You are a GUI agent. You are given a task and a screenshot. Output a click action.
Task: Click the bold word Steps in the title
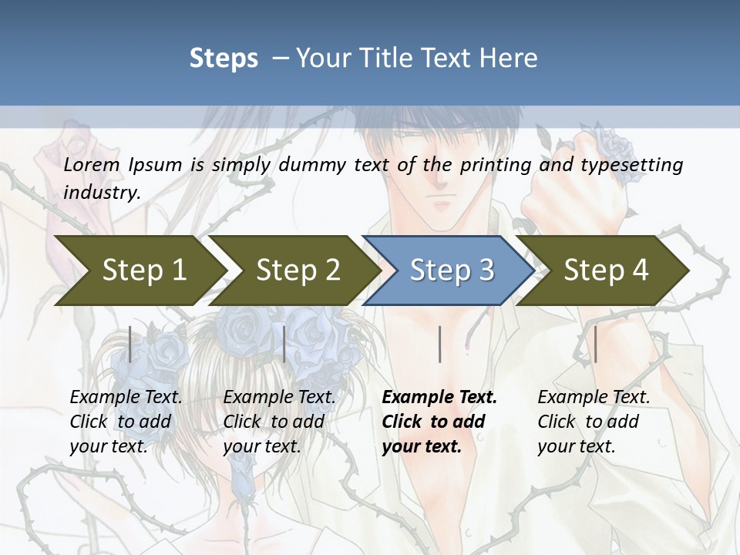(224, 58)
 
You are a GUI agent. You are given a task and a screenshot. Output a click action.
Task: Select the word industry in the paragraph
(102, 192)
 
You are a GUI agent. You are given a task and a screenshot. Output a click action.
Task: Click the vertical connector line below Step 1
(130, 344)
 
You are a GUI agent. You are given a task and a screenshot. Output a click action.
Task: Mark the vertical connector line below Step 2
(284, 344)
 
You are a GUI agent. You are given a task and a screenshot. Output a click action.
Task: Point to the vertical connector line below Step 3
(439, 344)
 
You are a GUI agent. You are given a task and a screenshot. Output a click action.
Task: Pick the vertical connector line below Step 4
(595, 344)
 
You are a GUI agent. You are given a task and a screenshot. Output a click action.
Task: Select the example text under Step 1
(125, 422)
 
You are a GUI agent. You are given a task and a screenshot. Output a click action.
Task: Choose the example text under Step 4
(592, 422)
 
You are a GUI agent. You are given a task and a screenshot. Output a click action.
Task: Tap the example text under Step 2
(278, 422)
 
